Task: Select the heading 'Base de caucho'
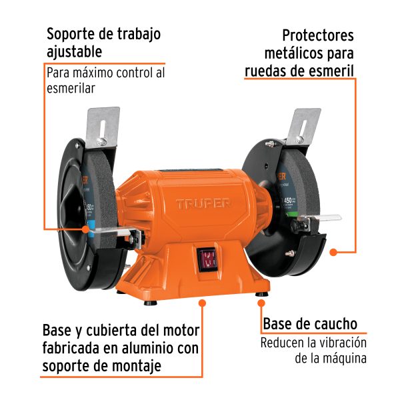click(x=310, y=324)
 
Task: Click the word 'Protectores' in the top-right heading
click(x=318, y=35)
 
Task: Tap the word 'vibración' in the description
click(x=341, y=343)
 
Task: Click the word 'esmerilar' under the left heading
click(x=71, y=87)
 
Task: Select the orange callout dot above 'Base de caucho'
click(x=260, y=303)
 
